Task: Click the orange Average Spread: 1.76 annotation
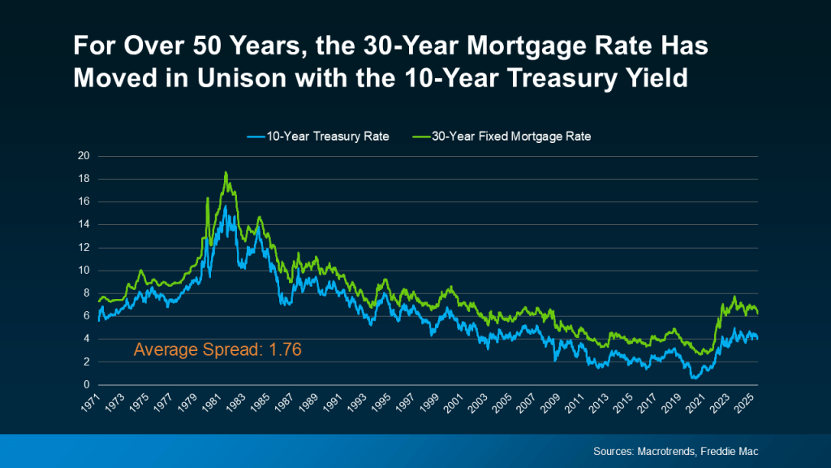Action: click(218, 350)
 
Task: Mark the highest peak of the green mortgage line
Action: click(226, 172)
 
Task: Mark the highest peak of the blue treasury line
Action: click(225, 206)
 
